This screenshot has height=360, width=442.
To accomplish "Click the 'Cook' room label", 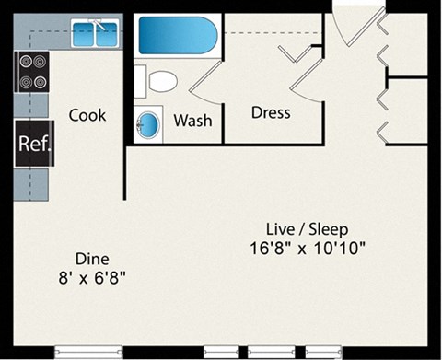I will point(87,116).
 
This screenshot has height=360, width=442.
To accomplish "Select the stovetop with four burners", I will point(32,72).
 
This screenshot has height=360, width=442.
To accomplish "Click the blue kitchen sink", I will point(97,36).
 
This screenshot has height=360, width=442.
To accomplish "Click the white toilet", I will point(158,82).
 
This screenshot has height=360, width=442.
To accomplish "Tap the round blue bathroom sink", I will point(148,123).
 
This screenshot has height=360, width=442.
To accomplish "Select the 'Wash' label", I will point(192,121).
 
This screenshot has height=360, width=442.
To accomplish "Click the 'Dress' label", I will point(271,113).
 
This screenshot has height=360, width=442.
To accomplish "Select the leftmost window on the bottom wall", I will point(88,350).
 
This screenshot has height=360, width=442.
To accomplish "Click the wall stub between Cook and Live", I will point(125,170).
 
